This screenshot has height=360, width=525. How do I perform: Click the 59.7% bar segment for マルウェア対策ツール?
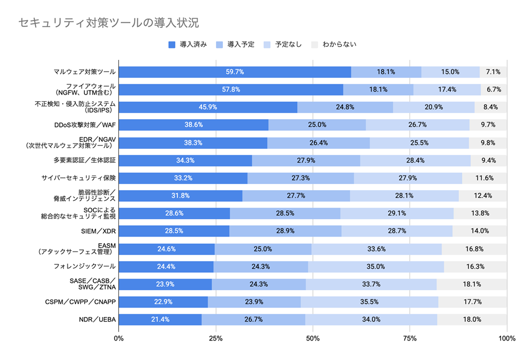pyautogui.click(x=235, y=72)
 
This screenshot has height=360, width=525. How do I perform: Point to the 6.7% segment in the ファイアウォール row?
pyautogui.click(x=494, y=89)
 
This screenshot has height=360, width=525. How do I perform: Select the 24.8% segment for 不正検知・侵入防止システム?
pyautogui.click(x=345, y=107)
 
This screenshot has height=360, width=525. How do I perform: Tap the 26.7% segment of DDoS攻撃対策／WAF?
pyautogui.click(x=418, y=125)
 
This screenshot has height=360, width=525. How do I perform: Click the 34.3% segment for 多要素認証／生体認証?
pyautogui.click(x=185, y=160)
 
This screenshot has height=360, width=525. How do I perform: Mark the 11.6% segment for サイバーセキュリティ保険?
pyautogui.click(x=484, y=178)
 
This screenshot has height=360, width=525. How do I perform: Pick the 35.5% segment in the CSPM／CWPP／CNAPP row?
pyautogui.click(x=370, y=302)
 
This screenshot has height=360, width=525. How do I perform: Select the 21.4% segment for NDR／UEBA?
pyautogui.click(x=160, y=320)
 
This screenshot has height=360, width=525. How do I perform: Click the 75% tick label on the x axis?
pyautogui.click(x=410, y=338)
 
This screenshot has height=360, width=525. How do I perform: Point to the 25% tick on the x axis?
pyautogui.click(x=216, y=338)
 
